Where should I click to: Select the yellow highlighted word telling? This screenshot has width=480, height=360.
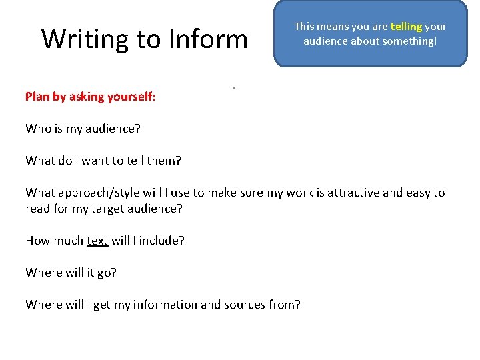(406, 27)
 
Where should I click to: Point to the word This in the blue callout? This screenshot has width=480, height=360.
(304, 27)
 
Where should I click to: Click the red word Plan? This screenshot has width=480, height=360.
(37, 97)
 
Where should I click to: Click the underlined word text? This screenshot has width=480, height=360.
(97, 241)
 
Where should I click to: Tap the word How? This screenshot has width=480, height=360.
(37, 241)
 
